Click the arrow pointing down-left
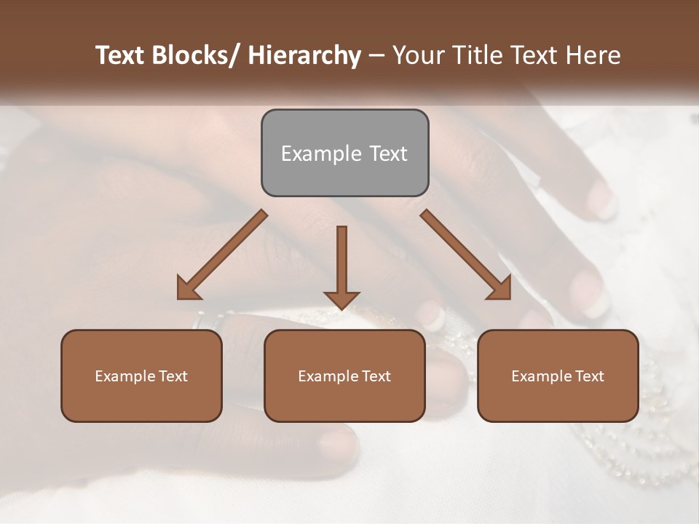[x=222, y=255]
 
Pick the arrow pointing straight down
[x=341, y=266]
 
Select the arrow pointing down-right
[x=466, y=255]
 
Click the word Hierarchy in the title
[x=304, y=55]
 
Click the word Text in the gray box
[x=387, y=154]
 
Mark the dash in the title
[x=376, y=56]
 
